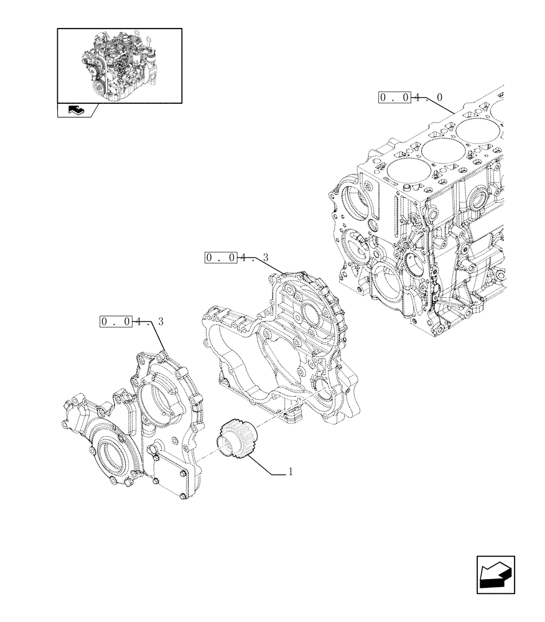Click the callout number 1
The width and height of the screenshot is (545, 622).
pyautogui.click(x=290, y=473)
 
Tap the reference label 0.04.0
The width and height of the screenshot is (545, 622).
pyautogui.click(x=411, y=98)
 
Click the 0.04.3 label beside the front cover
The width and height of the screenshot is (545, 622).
pyautogui.click(x=131, y=322)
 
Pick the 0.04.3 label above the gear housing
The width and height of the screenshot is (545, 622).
pyautogui.click(x=236, y=257)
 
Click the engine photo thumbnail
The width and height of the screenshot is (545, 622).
pyautogui.click(x=119, y=65)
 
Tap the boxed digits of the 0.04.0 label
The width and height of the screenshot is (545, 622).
pyautogui.click(x=394, y=98)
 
